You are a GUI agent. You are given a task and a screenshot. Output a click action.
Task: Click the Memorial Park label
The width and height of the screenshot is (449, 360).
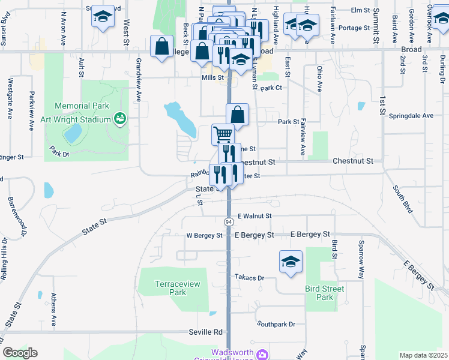(82, 106)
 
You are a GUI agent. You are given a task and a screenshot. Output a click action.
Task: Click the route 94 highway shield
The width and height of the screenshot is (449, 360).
(229, 221)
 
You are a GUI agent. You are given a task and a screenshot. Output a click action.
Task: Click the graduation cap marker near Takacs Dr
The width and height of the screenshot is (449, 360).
(291, 262)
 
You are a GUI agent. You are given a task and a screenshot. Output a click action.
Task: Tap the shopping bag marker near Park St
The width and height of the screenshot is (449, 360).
(238, 114)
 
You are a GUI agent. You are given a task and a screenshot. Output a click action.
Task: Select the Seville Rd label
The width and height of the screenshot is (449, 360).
(207, 332)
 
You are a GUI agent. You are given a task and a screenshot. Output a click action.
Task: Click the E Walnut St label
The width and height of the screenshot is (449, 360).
(255, 216)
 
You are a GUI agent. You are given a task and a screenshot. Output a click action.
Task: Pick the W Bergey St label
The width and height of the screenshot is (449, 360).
(205, 236)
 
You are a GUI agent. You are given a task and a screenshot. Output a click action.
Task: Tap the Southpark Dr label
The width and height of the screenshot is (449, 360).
(276, 324)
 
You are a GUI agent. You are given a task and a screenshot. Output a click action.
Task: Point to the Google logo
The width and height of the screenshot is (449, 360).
(20, 353)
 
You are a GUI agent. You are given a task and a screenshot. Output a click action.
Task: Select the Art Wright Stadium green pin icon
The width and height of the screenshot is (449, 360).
(119, 119)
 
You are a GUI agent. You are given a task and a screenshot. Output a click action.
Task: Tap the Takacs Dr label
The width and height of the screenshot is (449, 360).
(250, 278)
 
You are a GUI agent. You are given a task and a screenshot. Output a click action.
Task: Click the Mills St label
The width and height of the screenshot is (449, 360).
(212, 77)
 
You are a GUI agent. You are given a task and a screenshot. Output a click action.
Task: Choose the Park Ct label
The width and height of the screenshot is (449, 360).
(271, 88)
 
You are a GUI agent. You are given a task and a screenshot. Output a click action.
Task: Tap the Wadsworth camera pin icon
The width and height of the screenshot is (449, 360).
(262, 355)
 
